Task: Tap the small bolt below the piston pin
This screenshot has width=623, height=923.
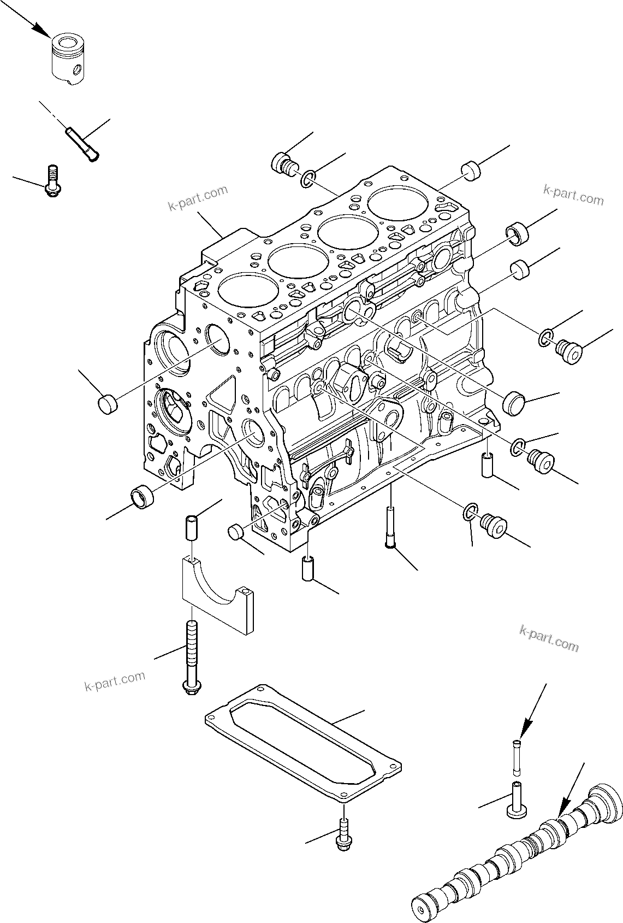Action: [x=53, y=182]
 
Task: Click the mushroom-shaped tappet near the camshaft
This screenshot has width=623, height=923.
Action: [x=517, y=800]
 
